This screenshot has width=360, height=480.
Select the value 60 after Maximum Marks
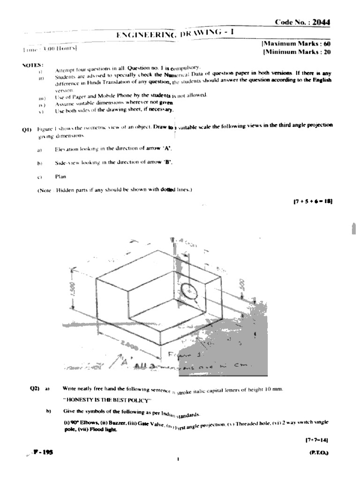click(327, 44)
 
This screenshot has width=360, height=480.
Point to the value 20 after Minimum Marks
click(327, 52)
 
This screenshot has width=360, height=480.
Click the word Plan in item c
click(60, 177)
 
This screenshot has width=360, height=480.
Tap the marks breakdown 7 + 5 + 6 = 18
click(313, 201)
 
